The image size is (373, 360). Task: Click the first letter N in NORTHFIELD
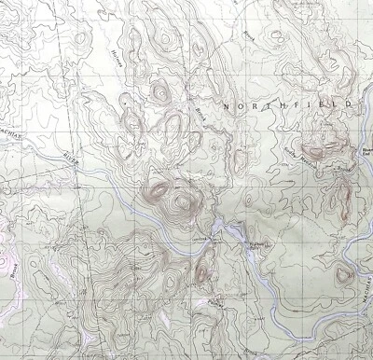point(226,107)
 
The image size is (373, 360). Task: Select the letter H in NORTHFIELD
point(279,105)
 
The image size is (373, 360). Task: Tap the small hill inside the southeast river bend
point(343,274)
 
